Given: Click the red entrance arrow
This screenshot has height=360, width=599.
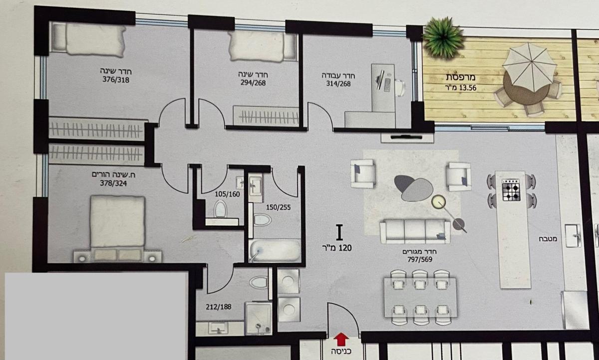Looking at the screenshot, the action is point(341,339).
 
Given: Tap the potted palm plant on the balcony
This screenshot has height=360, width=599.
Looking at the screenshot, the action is point(443,37).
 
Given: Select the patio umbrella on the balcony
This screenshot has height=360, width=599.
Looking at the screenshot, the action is point(530,67).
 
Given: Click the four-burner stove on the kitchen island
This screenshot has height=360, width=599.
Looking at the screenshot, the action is point(511,190).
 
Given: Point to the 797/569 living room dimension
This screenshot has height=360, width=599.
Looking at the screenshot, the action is point(420,259).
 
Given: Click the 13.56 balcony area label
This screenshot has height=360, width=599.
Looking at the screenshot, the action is point(461,87).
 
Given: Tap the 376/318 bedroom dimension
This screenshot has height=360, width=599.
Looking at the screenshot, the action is point(116,79).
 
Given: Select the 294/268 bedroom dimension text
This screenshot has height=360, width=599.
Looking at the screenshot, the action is point(253,83).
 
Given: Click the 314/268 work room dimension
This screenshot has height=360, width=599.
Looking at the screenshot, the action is point(338,84).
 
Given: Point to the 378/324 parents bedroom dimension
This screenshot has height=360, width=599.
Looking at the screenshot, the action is point(113,183).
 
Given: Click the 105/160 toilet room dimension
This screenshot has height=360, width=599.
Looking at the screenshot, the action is point(227,194).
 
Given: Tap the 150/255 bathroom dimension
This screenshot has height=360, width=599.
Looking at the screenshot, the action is point(278,207).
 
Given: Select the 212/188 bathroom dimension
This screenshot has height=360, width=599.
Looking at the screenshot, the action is point(219,307).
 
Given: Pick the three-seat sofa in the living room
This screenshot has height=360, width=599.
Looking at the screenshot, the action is point(415,231).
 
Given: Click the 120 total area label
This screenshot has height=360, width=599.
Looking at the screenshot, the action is point(337,248).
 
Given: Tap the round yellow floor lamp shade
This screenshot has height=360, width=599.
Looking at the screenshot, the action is point(439,202).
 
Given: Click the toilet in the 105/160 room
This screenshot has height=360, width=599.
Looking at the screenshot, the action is point(220,209).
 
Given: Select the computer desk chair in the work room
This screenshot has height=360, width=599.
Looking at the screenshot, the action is point(400,88).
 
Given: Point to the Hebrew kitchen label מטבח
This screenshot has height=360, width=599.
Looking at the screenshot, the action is point(548,239).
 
